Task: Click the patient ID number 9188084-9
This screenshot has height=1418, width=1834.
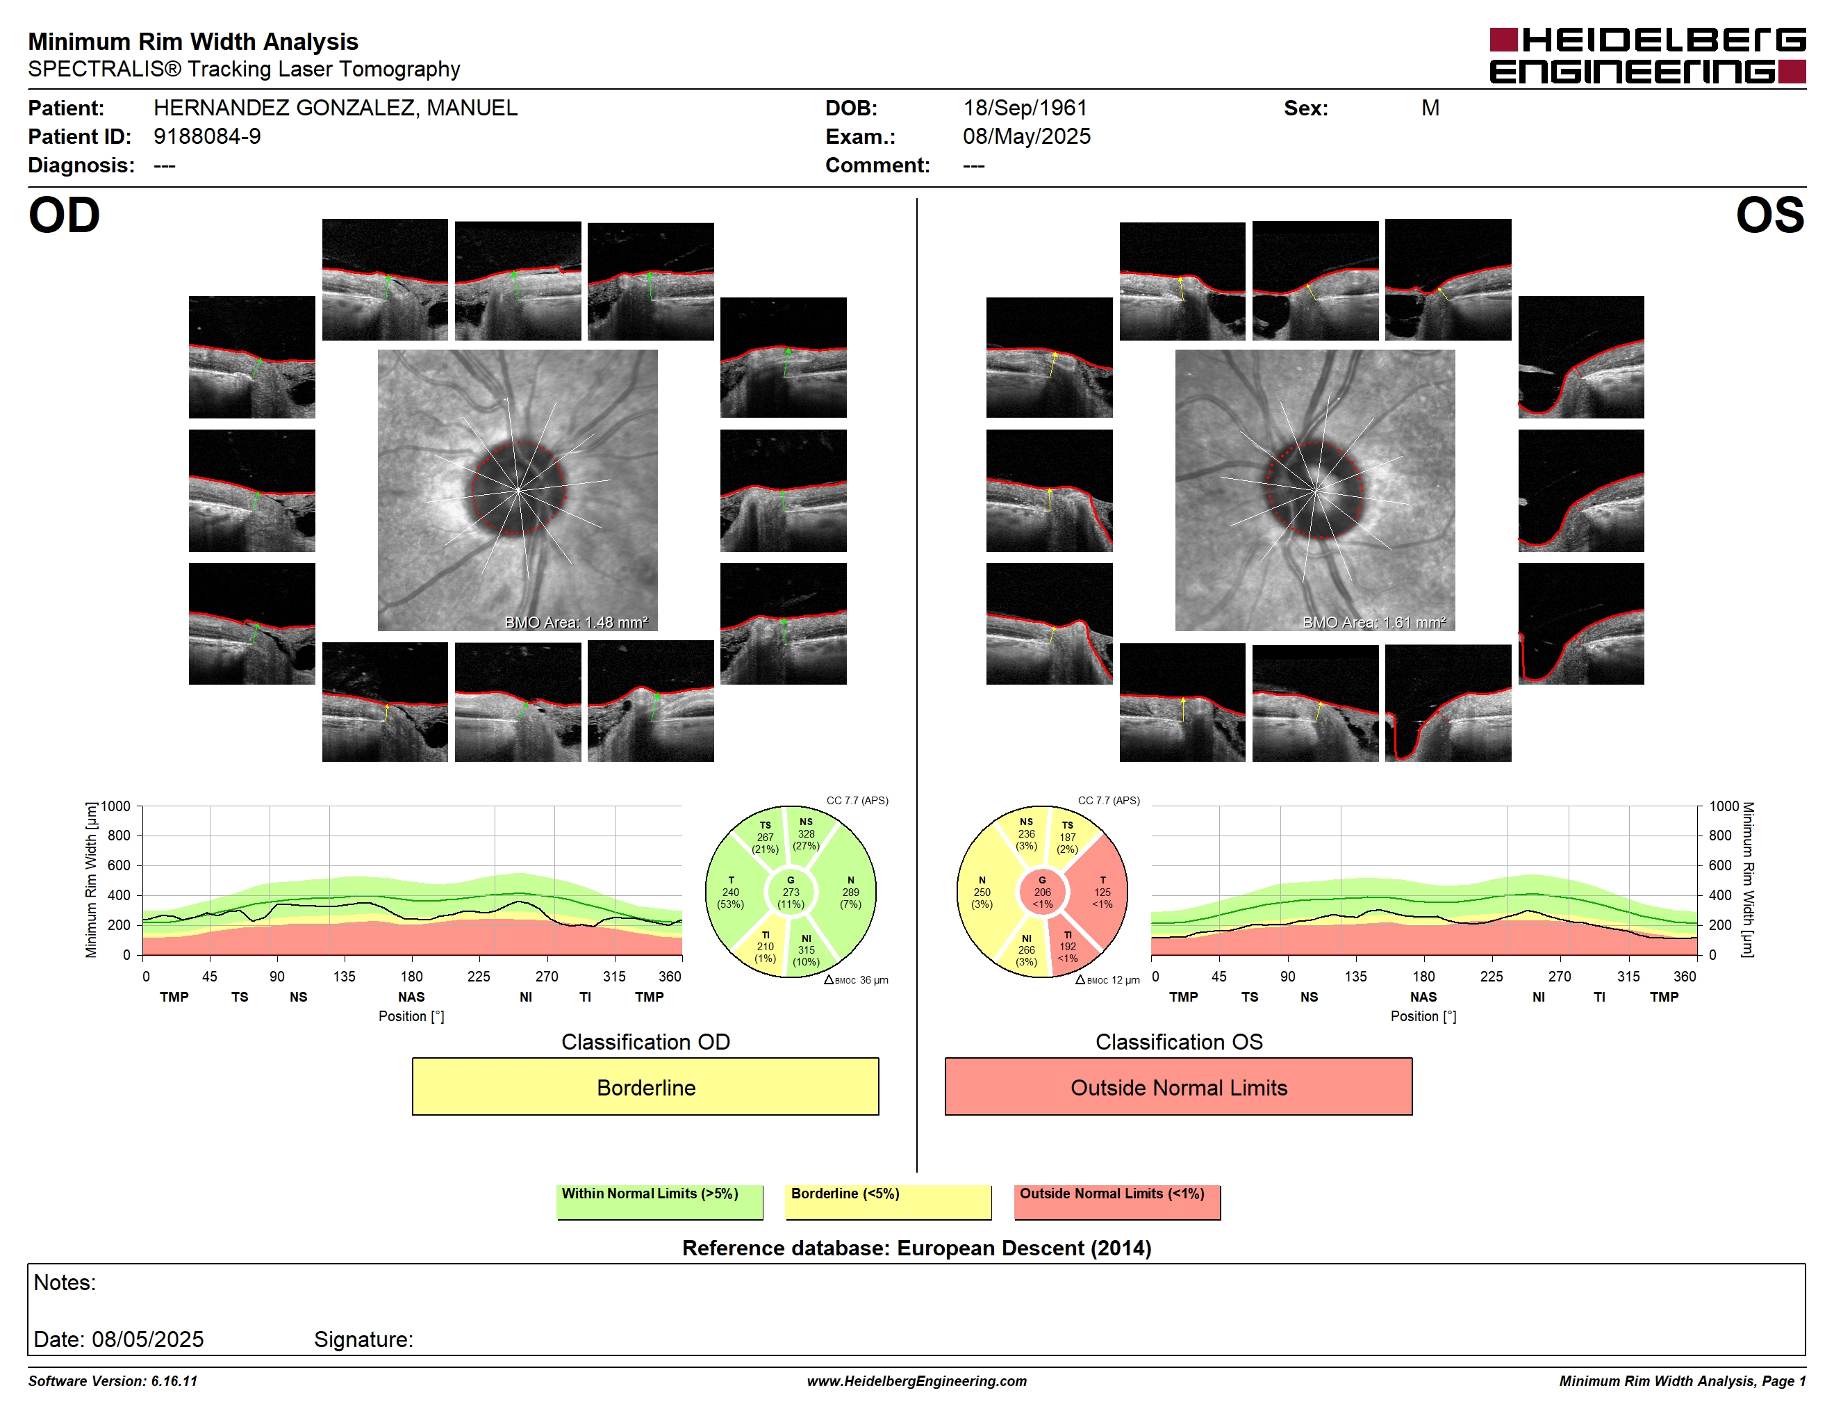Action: click(206, 136)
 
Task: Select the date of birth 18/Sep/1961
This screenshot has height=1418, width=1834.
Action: click(1025, 108)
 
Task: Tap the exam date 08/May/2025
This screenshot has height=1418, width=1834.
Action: click(1026, 136)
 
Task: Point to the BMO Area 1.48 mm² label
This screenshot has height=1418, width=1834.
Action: click(576, 623)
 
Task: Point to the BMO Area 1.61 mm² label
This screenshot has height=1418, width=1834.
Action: click(1374, 623)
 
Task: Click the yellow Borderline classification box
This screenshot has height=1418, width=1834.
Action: click(645, 1086)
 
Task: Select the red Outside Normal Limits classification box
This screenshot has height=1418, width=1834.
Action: click(1178, 1086)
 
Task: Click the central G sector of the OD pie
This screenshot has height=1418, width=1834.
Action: click(790, 892)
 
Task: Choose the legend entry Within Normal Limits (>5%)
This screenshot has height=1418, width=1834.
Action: click(659, 1201)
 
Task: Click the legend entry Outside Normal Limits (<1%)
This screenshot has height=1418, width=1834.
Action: click(1117, 1201)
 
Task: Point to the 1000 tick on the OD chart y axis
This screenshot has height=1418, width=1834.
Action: click(116, 806)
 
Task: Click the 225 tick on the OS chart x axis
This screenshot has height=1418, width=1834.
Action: click(1492, 976)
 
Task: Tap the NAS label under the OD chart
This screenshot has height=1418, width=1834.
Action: click(411, 996)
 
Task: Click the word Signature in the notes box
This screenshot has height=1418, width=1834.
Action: click(363, 1339)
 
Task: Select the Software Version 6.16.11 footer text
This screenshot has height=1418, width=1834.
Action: click(113, 1381)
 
